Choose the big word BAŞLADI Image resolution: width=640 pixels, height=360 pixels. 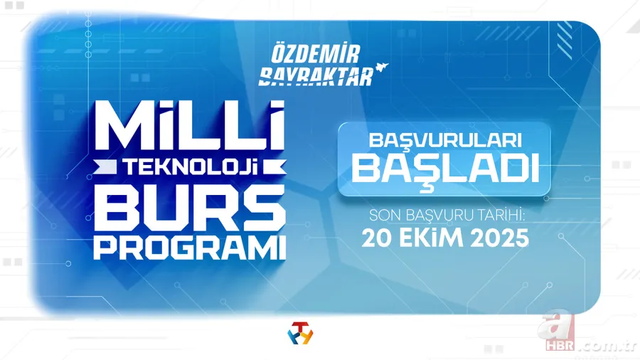click(444, 168)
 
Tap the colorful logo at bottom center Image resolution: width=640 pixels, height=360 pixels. click(299, 332)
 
